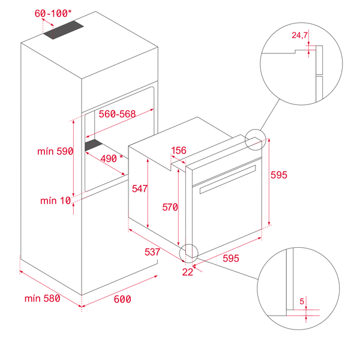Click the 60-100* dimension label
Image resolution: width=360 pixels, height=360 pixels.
pos(53,13)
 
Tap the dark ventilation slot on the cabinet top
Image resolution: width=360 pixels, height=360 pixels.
pos(64,30)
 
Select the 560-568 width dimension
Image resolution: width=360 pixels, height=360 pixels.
pos(117,114)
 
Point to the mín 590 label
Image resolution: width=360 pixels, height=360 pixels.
pos(55,151)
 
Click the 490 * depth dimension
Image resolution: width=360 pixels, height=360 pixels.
pos(112,158)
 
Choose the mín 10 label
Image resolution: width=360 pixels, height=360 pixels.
pos(56,200)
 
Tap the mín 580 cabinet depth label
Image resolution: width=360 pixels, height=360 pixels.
pos(43,298)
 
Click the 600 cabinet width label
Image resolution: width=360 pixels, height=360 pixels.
pos(122,299)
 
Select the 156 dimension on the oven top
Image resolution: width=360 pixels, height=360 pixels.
pos(179,151)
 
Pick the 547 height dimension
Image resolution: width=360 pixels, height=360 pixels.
pos(140,188)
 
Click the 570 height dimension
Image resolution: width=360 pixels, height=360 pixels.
pos(170,207)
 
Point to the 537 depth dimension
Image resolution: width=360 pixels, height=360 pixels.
pos(152,252)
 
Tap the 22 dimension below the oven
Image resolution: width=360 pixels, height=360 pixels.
pos(188,272)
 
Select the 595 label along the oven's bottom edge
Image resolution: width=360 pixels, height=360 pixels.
pos(231,258)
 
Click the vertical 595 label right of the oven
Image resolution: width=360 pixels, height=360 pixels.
pos(279,175)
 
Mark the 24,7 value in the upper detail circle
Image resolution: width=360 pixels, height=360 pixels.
pos(299,35)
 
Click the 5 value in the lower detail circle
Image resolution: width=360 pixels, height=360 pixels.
pos(302,301)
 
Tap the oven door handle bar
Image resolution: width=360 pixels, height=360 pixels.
pos(227,179)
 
